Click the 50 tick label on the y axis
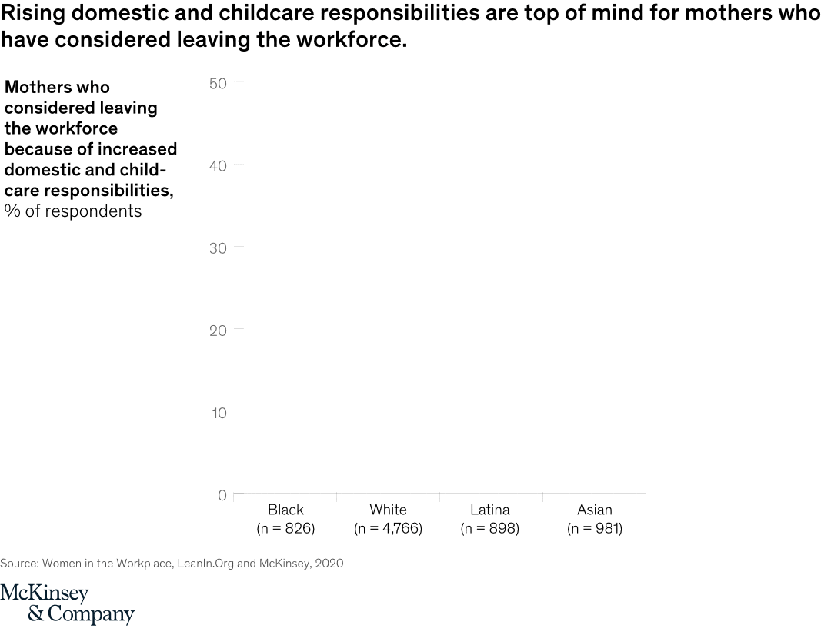click(x=218, y=83)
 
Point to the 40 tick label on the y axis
click(x=218, y=165)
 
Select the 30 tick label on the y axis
click(x=218, y=248)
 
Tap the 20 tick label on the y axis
click(x=218, y=331)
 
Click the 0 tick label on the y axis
click(x=222, y=495)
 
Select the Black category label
click(x=285, y=510)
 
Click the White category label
click(x=388, y=510)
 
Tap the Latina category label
click(x=490, y=510)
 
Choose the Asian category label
click(x=595, y=510)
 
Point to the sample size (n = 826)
click(x=285, y=528)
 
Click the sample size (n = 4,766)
click(x=388, y=528)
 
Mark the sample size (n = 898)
click(x=490, y=528)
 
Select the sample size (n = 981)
click(x=595, y=528)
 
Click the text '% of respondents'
click(x=73, y=211)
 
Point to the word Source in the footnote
click(x=18, y=564)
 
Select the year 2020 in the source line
click(x=329, y=564)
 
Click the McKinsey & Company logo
click(x=67, y=603)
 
